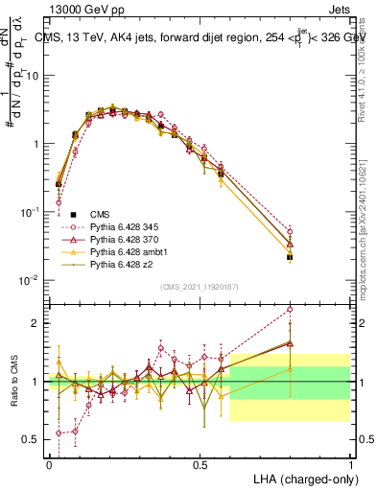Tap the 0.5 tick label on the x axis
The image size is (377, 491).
pyautogui.click(x=200, y=464)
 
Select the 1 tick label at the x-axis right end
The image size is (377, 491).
pyautogui.click(x=350, y=464)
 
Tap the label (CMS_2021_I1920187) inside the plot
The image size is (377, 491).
pyautogui.click(x=199, y=287)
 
